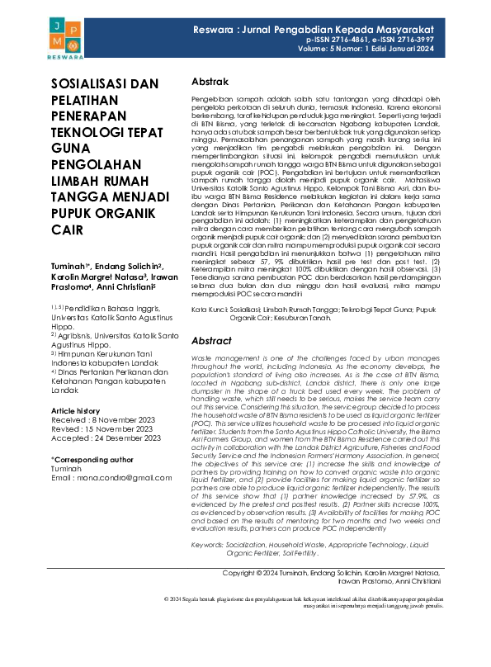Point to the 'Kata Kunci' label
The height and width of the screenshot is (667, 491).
210,308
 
